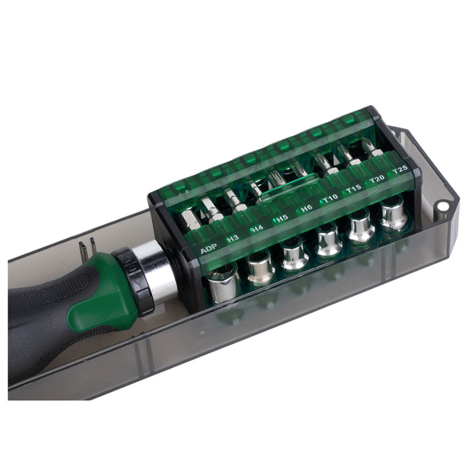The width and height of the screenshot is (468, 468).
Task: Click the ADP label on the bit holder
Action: (x=208, y=250)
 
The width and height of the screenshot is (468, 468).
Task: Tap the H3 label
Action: (x=233, y=239)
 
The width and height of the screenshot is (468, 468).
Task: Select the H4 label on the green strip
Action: (x=257, y=229)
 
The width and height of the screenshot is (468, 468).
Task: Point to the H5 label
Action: (x=282, y=218)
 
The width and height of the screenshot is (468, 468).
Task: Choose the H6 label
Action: (x=307, y=208)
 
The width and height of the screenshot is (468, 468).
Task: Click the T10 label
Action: (x=330, y=198)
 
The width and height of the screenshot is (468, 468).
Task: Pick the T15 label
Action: (x=353, y=188)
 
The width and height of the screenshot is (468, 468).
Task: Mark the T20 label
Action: (x=377, y=178)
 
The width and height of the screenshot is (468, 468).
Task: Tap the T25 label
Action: (x=400, y=170)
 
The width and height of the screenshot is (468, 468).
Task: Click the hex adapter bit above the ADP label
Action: (x=188, y=221)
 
